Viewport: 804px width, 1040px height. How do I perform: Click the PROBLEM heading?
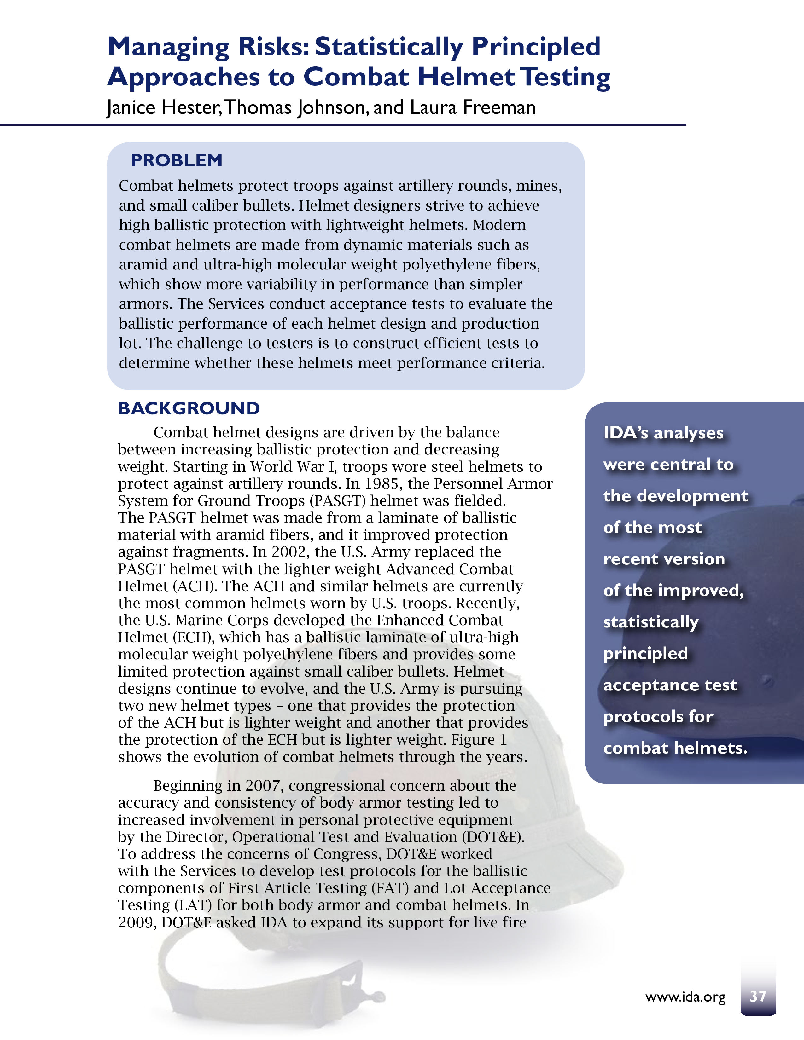click(x=177, y=160)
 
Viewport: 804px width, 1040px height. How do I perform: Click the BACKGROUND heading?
click(x=189, y=408)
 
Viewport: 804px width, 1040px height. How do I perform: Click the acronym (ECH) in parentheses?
click(x=193, y=637)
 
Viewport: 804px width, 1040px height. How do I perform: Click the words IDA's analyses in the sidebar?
click(x=663, y=433)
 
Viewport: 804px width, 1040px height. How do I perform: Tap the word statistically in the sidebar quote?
click(x=651, y=622)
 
